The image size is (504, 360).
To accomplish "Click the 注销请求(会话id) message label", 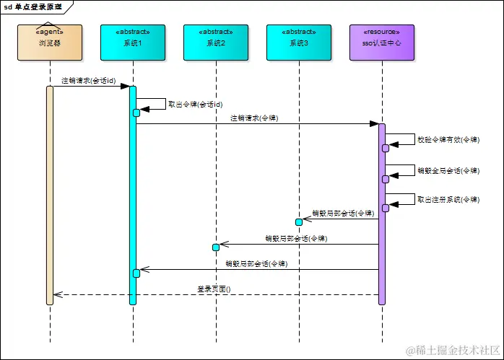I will [x=88, y=81].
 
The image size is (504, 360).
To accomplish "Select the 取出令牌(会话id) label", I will [x=195, y=104].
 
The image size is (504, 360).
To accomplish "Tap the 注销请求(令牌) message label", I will [x=254, y=118].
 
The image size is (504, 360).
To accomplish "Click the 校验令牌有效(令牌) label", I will [x=448, y=140].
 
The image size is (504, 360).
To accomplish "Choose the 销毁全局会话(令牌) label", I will [x=448, y=170].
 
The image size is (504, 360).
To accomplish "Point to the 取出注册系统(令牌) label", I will [x=448, y=200].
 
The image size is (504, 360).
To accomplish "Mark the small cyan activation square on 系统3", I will [x=299, y=221].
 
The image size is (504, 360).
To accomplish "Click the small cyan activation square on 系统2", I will [x=216, y=247].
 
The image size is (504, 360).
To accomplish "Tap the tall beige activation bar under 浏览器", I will [x=50, y=195].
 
